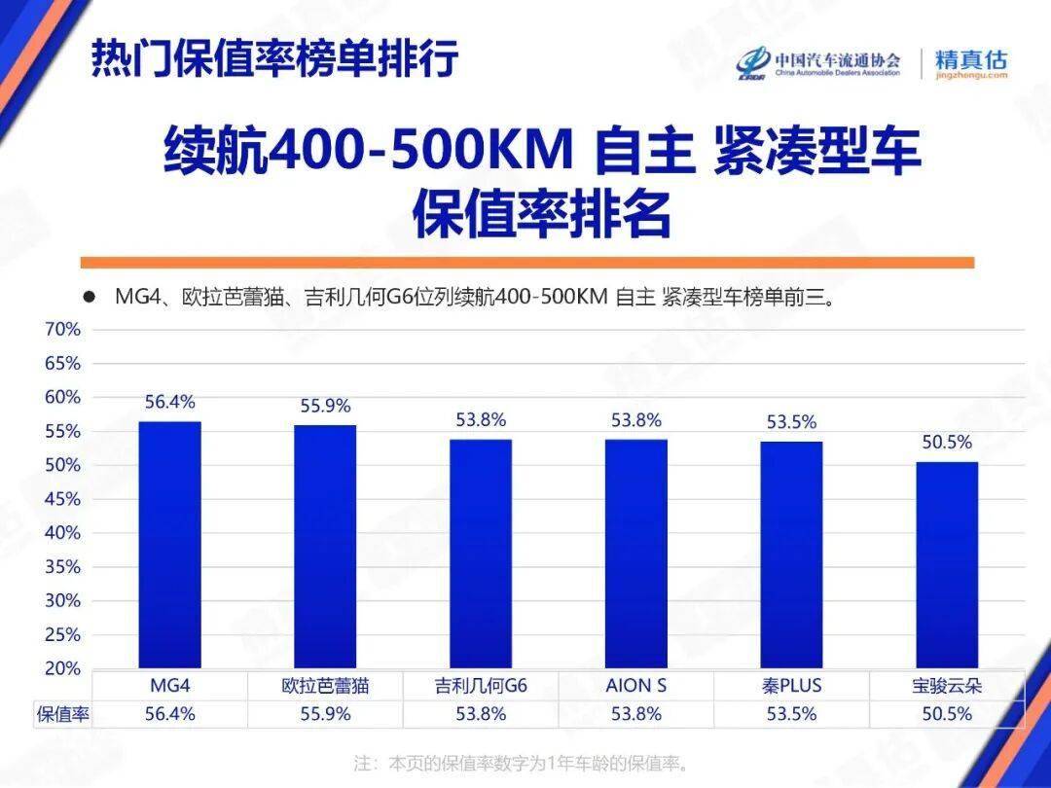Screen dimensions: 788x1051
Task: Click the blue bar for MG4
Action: tap(170, 545)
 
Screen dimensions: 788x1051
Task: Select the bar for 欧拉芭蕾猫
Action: tap(326, 547)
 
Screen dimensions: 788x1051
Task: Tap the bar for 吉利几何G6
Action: tap(481, 555)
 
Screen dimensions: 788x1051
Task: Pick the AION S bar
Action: tap(636, 555)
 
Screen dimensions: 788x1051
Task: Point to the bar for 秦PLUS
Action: tap(791, 555)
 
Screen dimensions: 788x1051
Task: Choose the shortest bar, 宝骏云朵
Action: tap(947, 565)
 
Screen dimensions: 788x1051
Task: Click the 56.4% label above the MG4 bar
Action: tap(170, 402)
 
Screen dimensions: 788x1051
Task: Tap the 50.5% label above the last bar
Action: tap(947, 443)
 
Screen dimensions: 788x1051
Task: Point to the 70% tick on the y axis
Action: tap(62, 330)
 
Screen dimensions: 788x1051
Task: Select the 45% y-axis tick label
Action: tap(62, 499)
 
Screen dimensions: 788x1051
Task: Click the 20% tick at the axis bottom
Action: tap(62, 669)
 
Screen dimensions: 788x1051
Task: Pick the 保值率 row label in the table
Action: tap(63, 714)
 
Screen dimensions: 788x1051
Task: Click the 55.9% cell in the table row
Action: tap(326, 714)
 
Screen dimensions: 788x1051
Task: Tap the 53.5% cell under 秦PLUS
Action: tap(791, 714)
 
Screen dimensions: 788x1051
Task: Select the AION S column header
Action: tap(636, 686)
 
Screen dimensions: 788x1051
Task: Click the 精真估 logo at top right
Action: tap(970, 62)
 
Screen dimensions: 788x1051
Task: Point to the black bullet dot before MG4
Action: tap(89, 297)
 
